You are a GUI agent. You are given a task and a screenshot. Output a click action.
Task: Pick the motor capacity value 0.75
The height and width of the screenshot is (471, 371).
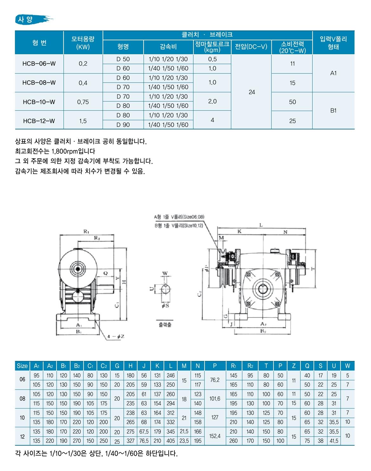[x=83, y=102]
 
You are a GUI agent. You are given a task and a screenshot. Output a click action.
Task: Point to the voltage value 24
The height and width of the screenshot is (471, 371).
[x=252, y=92]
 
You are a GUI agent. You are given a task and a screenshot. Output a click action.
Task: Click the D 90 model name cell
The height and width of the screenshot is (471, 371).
[x=123, y=125]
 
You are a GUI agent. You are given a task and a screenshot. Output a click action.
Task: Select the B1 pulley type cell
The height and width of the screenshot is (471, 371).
[x=333, y=111]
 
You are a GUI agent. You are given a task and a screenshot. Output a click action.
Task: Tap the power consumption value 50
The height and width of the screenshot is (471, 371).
[x=292, y=102]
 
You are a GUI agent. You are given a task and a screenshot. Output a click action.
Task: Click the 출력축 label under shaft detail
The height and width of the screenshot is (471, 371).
[x=165, y=325]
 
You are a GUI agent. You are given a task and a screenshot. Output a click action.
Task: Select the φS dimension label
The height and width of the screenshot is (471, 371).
[x=165, y=306]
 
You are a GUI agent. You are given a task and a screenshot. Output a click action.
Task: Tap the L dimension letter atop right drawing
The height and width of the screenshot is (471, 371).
[x=261, y=225]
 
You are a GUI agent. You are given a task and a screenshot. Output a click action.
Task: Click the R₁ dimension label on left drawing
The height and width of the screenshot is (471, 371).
[x=86, y=232]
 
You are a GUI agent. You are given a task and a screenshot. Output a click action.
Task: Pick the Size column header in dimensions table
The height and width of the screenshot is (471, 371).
[x=22, y=366]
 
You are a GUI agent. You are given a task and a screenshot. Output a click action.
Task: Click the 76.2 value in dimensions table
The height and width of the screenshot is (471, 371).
[x=215, y=380]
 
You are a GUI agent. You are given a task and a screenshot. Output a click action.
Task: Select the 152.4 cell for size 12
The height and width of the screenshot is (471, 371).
[x=215, y=436]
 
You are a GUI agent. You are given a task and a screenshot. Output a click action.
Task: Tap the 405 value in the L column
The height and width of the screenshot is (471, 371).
[x=171, y=441]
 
